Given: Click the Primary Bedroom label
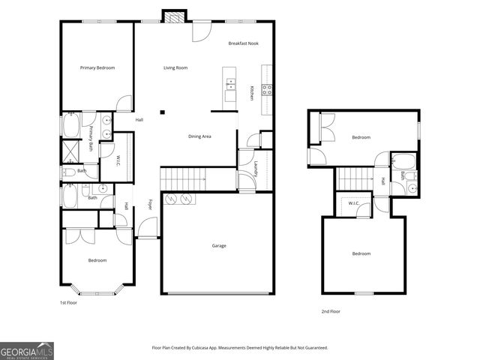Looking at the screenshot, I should tap(97, 68).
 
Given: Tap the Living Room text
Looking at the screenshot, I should tap(175, 68).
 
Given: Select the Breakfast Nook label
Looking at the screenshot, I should tap(244, 44).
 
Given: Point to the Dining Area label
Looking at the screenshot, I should tap(199, 136).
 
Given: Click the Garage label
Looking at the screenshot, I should tap(219, 246).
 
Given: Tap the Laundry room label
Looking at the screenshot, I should tap(256, 169).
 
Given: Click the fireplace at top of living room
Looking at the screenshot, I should tap(174, 16).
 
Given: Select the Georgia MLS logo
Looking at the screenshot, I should tap(27, 350).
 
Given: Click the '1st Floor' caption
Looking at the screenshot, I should tap(68, 302).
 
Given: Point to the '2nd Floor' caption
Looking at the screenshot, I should tap(331, 311).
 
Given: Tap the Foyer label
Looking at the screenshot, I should tap(150, 203).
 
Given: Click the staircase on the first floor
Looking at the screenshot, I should tap(184, 178).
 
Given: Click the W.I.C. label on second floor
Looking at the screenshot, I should tap(352, 202).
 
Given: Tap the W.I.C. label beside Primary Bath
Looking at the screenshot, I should tap(118, 160).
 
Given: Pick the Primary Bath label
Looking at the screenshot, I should tap(91, 138).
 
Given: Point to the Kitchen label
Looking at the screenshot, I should tap(251, 93).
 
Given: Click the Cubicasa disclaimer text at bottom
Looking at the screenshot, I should tap(240, 348).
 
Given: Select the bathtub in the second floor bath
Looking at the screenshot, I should tap(403, 160).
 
